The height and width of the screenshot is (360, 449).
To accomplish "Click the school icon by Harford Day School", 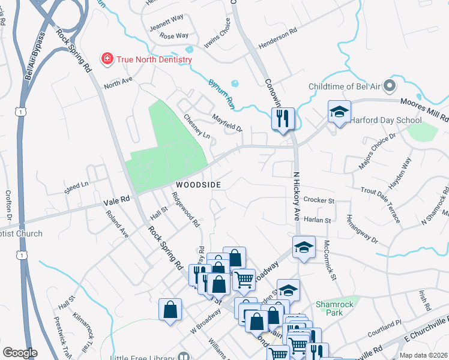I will pyautogui.click(x=339, y=111).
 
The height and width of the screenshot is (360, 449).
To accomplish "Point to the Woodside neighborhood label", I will pyautogui.click(x=198, y=184).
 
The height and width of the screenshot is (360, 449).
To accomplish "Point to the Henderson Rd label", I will pyautogui.click(x=278, y=40).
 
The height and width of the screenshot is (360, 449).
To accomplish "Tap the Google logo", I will pyautogui.click(x=19, y=353).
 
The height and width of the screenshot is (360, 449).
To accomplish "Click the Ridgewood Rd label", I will pyautogui.click(x=185, y=209).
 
